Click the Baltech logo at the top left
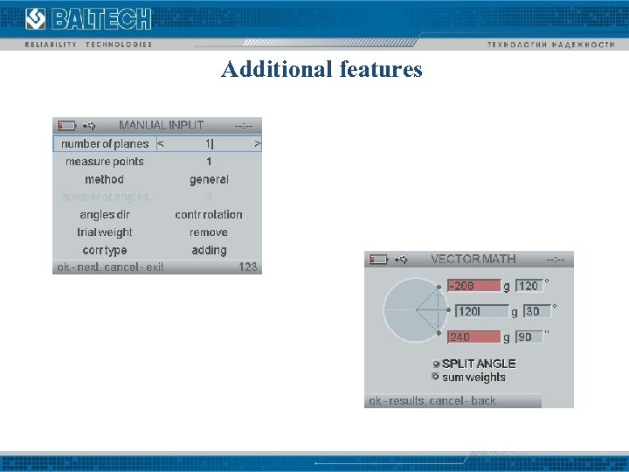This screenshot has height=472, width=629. coord(87,19)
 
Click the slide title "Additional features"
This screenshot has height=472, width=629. coord(321,69)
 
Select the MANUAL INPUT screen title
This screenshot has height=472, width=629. coord(162,125)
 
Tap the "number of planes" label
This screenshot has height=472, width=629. coord(105,144)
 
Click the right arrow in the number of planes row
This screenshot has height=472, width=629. coord(257,144)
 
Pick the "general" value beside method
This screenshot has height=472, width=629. coord(209,179)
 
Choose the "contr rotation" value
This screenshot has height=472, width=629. coord(209,214)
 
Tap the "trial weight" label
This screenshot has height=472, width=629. coord(105,233)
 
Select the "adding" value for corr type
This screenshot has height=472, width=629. coord(209,250)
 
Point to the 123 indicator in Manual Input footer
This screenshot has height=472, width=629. coord(248,267)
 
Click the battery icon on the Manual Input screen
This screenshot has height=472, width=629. coord(66,126)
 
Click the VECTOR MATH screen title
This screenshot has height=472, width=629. coord(473,259)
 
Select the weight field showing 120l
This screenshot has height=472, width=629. coord(480,311)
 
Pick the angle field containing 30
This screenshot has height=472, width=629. coord(536,311)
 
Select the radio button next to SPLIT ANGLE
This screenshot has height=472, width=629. coord(437,364)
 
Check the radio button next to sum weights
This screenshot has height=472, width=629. coord(436,377)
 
